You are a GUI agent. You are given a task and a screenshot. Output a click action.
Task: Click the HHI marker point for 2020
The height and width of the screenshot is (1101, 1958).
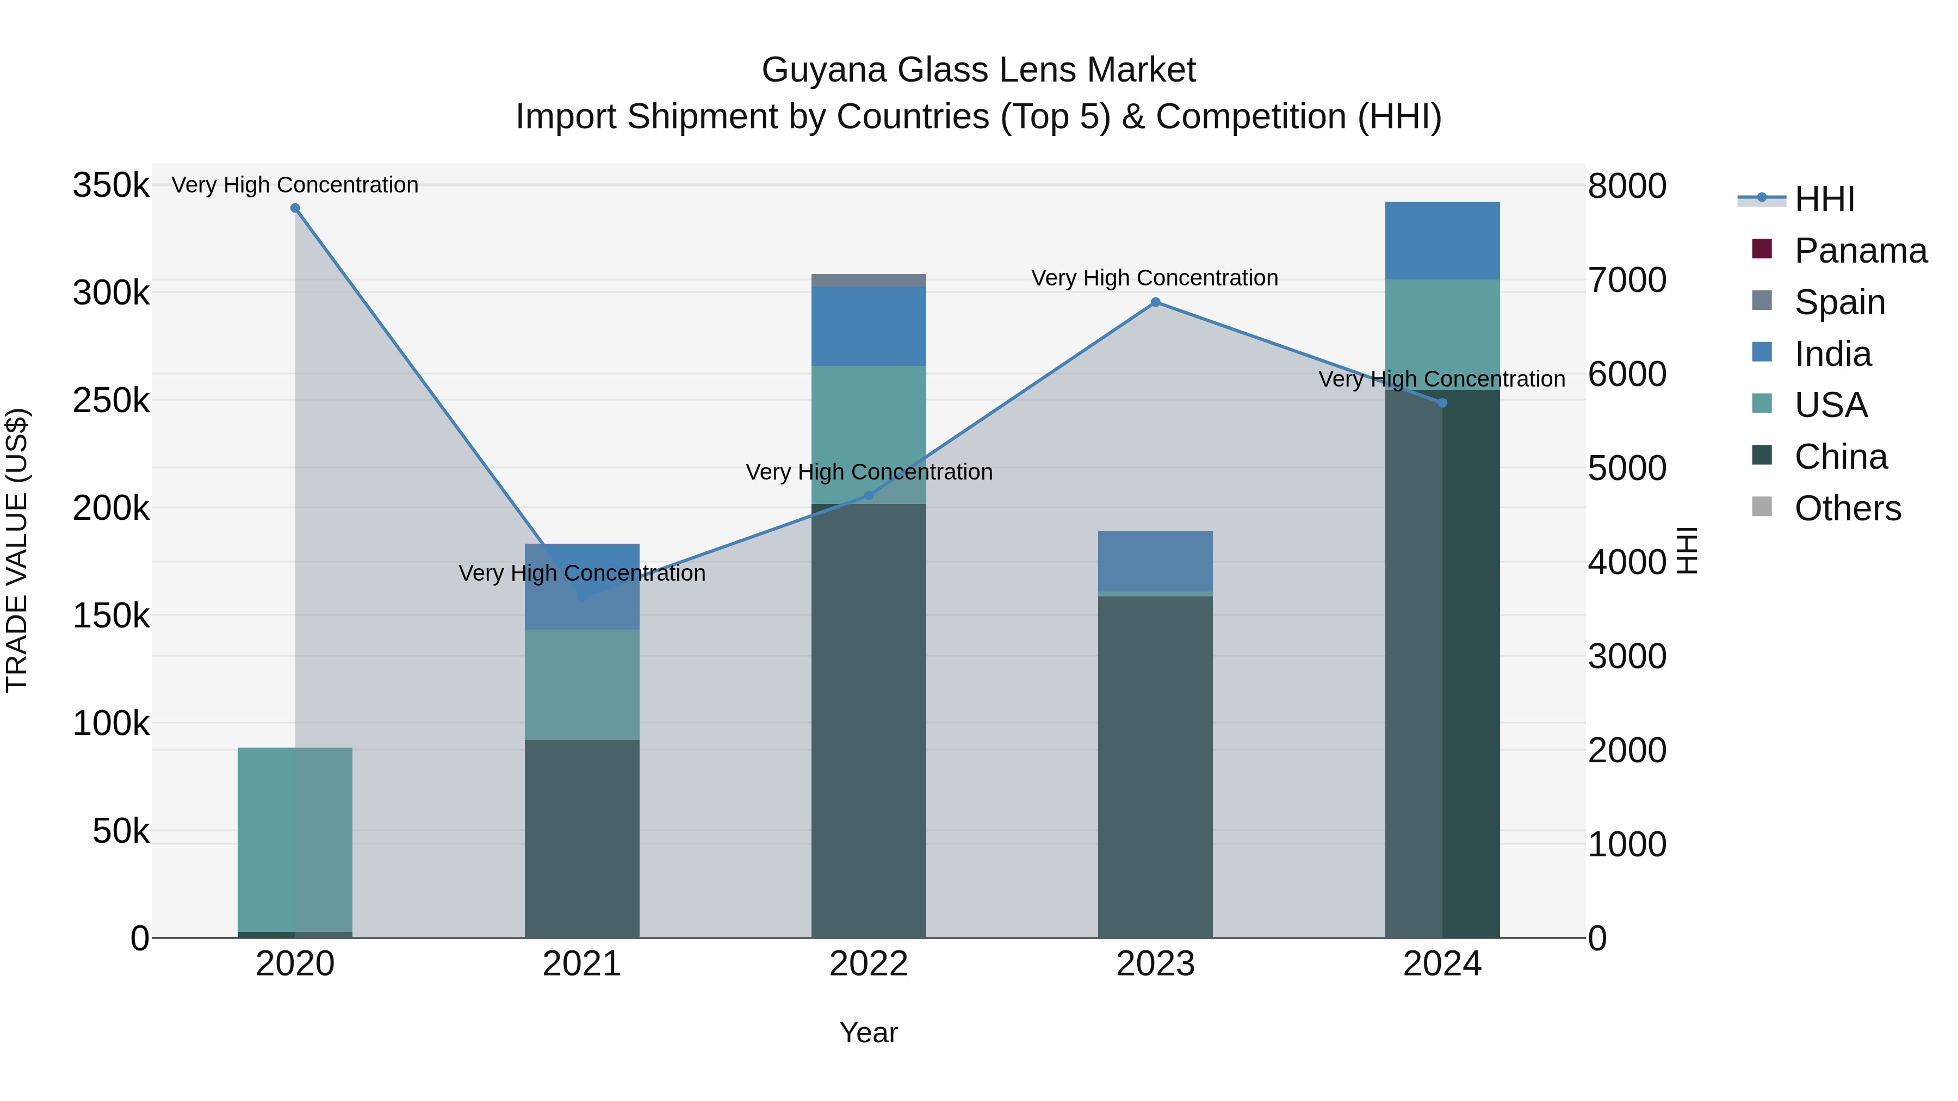295,208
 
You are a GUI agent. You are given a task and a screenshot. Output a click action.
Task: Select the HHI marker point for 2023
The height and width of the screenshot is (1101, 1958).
1155,302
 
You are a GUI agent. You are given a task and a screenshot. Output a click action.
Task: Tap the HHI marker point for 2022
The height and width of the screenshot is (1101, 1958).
869,495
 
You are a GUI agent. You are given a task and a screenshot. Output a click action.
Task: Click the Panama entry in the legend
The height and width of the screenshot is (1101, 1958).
1860,251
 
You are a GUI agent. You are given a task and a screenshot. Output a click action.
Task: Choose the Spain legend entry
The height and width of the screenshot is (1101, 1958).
1839,302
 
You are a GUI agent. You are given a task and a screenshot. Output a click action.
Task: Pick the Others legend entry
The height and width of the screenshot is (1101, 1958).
1847,508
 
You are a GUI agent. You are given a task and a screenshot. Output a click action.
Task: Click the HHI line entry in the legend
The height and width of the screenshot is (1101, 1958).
1824,199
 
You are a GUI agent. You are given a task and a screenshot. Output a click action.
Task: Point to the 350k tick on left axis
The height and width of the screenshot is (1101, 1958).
111,185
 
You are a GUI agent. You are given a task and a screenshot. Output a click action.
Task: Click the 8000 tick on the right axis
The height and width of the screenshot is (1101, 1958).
1627,185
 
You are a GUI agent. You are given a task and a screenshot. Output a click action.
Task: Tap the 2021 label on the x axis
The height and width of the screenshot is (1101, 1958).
581,964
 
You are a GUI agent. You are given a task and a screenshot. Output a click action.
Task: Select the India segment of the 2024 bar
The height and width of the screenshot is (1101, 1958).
1442,241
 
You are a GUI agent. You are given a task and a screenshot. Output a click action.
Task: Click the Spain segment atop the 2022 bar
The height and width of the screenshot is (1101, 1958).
869,281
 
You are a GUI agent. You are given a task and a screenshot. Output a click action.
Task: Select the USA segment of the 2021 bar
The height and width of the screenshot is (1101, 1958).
581,685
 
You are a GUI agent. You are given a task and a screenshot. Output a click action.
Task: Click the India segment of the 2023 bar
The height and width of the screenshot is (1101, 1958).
1155,561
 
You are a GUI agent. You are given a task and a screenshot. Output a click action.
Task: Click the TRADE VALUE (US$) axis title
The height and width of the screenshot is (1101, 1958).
17,550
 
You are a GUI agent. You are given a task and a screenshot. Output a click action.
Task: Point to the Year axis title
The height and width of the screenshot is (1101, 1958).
868,1032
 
